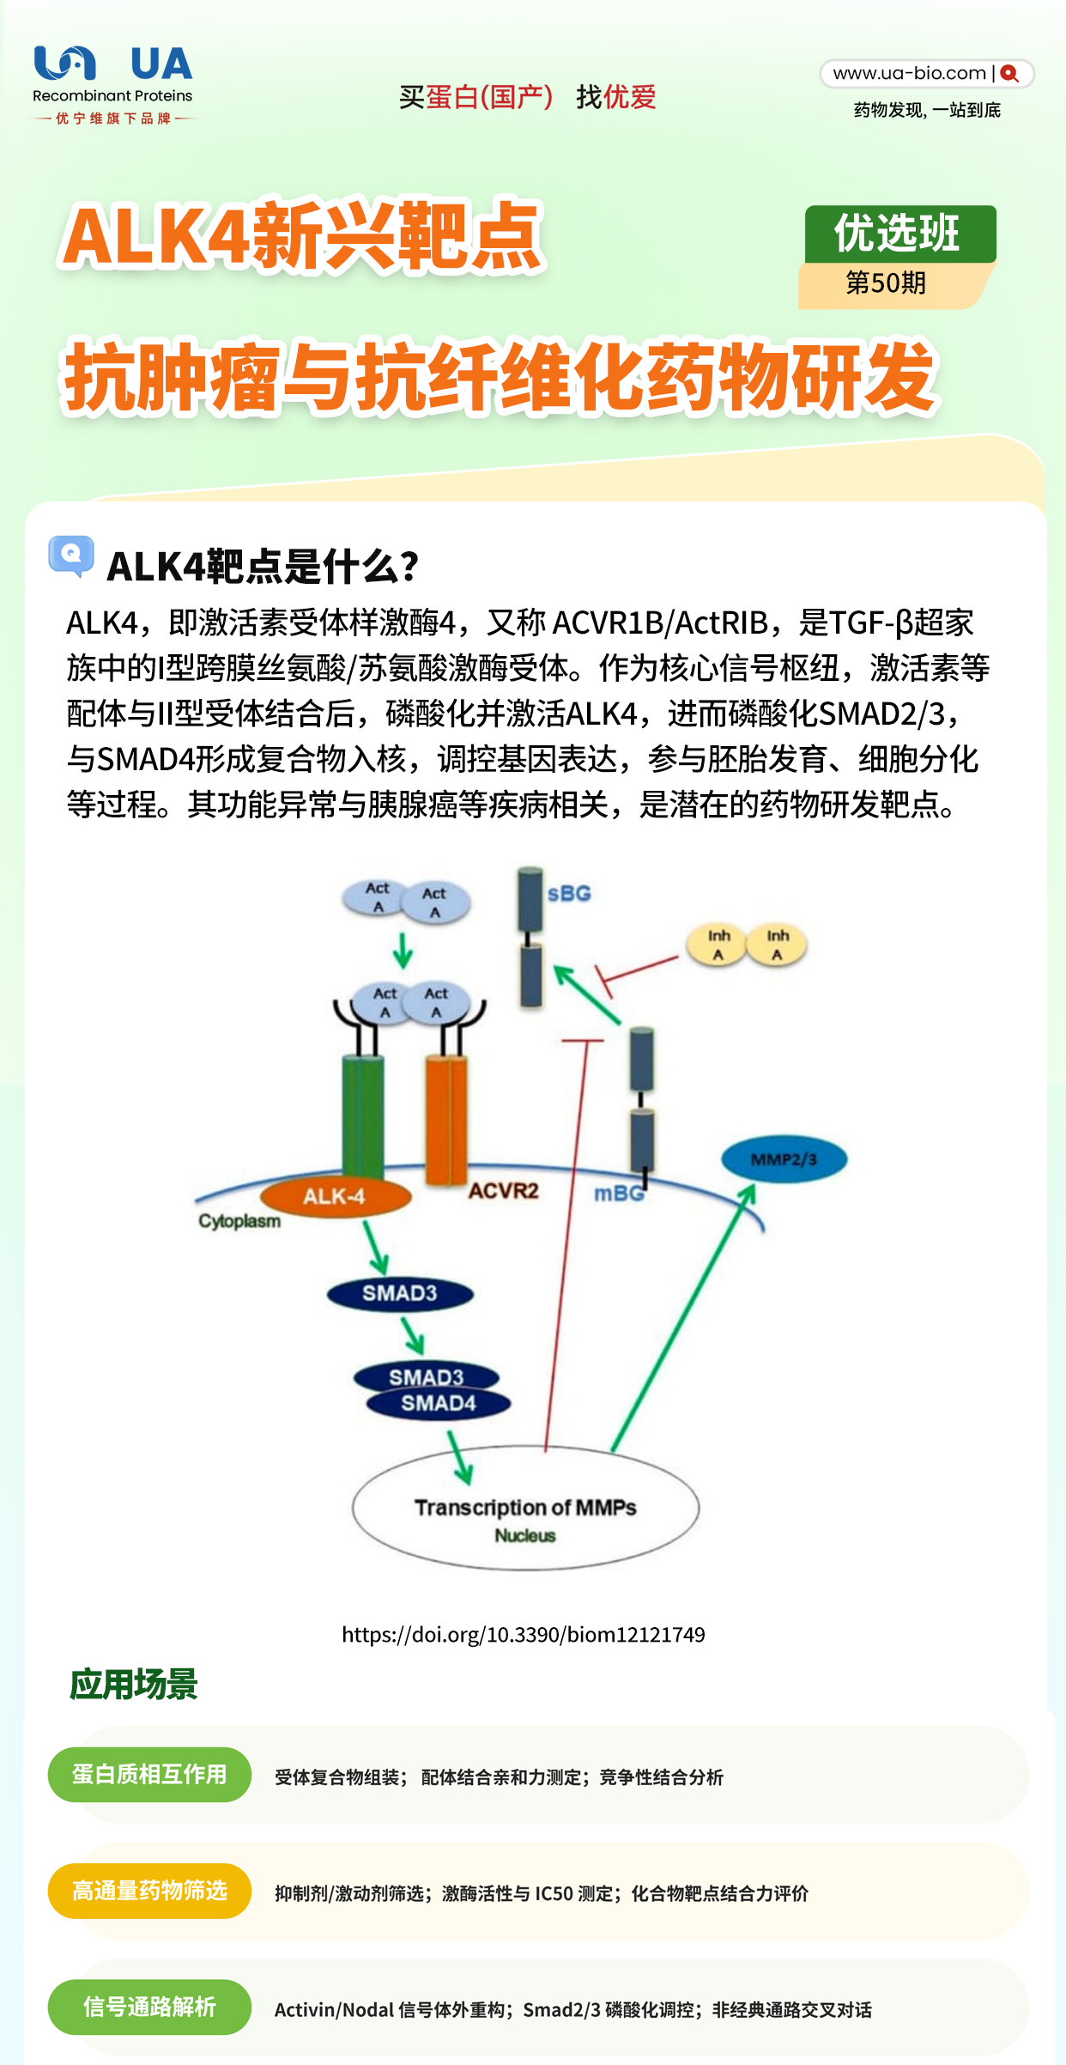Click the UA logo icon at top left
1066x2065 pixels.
(x=64, y=63)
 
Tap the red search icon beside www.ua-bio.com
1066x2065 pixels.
(x=1009, y=74)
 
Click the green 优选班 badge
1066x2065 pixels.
(x=900, y=234)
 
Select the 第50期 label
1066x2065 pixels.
(x=886, y=282)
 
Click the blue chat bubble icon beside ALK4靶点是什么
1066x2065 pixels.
(x=71, y=556)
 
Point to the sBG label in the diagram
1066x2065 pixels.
(x=569, y=893)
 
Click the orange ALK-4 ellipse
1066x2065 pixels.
(x=335, y=1196)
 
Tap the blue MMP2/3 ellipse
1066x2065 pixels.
(x=784, y=1159)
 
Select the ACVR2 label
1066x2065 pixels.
(x=504, y=1191)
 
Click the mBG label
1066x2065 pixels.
(x=618, y=1193)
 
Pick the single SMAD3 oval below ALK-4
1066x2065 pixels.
(x=400, y=1293)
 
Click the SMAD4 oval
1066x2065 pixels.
(x=439, y=1403)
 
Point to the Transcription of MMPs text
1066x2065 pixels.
(x=525, y=1508)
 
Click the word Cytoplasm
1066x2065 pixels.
(x=239, y=1221)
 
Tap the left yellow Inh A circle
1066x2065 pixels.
(x=718, y=944)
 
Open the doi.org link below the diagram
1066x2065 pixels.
(x=524, y=1634)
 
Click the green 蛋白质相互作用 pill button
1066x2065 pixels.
(x=149, y=1775)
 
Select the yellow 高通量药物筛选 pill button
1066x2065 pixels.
(x=149, y=1891)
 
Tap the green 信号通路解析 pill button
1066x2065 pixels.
(x=149, y=2007)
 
